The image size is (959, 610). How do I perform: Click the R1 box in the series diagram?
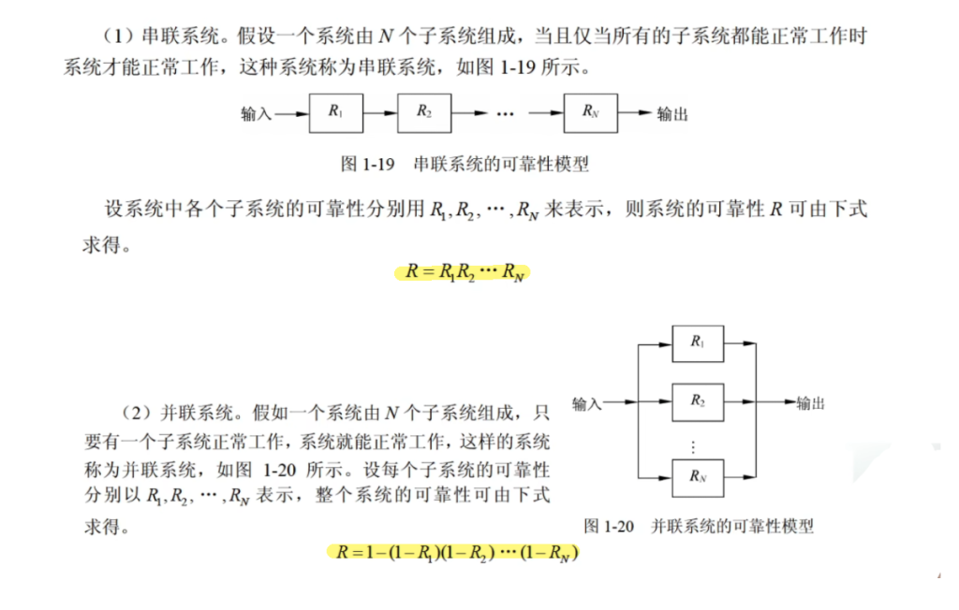click(335, 112)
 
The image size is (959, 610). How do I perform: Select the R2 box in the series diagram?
click(423, 112)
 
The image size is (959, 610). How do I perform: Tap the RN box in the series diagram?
click(589, 112)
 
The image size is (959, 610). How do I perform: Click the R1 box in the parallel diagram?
click(698, 342)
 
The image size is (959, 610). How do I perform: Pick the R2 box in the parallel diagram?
click(698, 401)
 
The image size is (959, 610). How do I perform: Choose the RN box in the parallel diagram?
click(698, 475)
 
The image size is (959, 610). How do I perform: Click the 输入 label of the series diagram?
click(256, 114)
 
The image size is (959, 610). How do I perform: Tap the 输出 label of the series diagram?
click(672, 114)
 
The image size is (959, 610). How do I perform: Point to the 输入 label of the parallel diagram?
click(586, 403)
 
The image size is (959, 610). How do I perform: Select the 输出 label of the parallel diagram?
click(810, 403)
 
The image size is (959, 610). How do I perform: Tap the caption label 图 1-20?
click(609, 526)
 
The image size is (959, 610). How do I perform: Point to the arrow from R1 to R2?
click(379, 113)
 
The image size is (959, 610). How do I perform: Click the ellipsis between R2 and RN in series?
click(506, 113)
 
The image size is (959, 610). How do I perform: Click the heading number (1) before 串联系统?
click(120, 36)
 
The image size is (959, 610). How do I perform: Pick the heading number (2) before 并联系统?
click(140, 412)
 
